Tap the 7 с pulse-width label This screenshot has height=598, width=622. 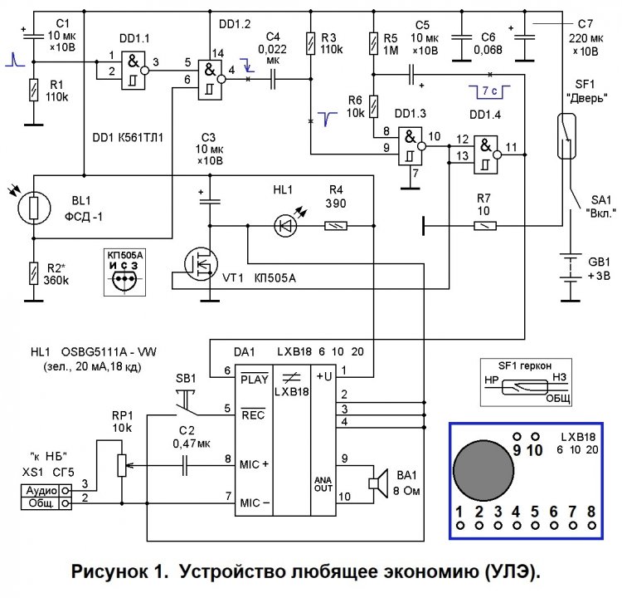pyautogui.click(x=489, y=86)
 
